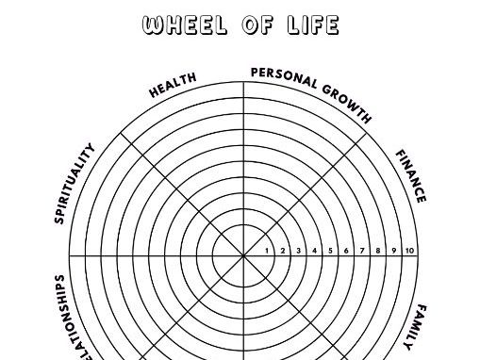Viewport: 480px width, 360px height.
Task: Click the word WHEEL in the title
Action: [x=183, y=25]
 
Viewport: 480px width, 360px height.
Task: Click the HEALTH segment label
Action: [x=174, y=84]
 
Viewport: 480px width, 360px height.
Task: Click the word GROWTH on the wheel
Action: [x=348, y=103]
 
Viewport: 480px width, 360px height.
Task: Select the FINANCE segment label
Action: [x=410, y=176]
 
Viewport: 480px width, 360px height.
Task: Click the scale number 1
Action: [x=268, y=251]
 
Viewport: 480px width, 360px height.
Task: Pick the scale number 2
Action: [x=284, y=251]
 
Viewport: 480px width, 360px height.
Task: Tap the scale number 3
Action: [x=299, y=251]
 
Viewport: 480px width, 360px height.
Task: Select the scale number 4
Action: [x=315, y=251]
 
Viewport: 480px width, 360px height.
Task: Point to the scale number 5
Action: [x=331, y=251]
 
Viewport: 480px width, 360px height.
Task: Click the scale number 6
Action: [x=346, y=251]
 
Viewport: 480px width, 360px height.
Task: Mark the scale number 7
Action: [x=362, y=251]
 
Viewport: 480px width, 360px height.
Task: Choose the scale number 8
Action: [x=377, y=251]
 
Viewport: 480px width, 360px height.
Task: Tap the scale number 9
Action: [x=393, y=251]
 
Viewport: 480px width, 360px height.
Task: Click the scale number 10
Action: [x=409, y=251]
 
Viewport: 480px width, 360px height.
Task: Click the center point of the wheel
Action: [x=243, y=255]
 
